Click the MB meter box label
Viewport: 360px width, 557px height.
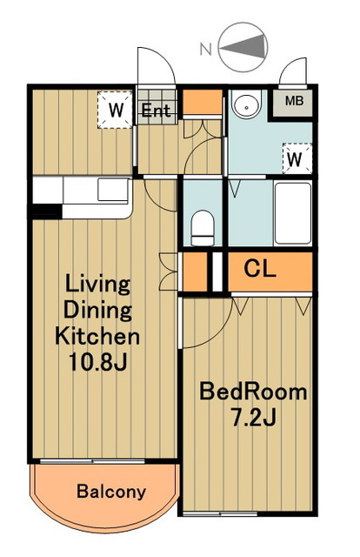(x=294, y=101)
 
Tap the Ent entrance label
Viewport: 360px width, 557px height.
(x=157, y=111)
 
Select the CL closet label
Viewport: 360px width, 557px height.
(x=260, y=269)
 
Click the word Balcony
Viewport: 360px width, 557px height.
(x=111, y=492)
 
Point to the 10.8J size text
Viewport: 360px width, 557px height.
(x=97, y=362)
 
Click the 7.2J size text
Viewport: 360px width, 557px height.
(x=253, y=417)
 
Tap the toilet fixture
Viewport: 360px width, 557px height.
(x=203, y=228)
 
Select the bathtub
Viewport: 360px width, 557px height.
(x=293, y=213)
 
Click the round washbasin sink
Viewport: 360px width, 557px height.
(x=247, y=103)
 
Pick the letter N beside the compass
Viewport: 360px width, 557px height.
(x=206, y=50)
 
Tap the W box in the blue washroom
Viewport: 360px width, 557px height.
(x=297, y=158)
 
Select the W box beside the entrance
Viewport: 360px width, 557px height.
(x=116, y=110)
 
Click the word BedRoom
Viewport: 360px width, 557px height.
(x=253, y=392)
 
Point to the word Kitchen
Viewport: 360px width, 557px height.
(x=97, y=336)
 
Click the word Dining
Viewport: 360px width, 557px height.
(x=97, y=310)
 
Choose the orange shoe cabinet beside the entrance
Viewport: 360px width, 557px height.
(x=203, y=102)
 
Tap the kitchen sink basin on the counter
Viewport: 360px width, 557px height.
(x=112, y=190)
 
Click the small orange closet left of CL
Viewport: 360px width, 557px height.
(x=195, y=272)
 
